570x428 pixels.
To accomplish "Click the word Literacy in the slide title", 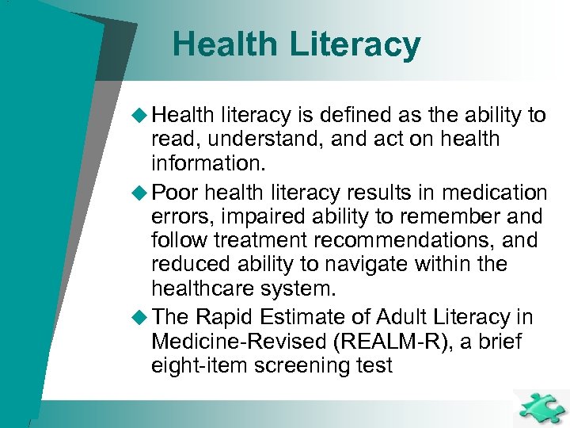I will point(355,44).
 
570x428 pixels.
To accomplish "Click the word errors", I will point(183,216).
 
